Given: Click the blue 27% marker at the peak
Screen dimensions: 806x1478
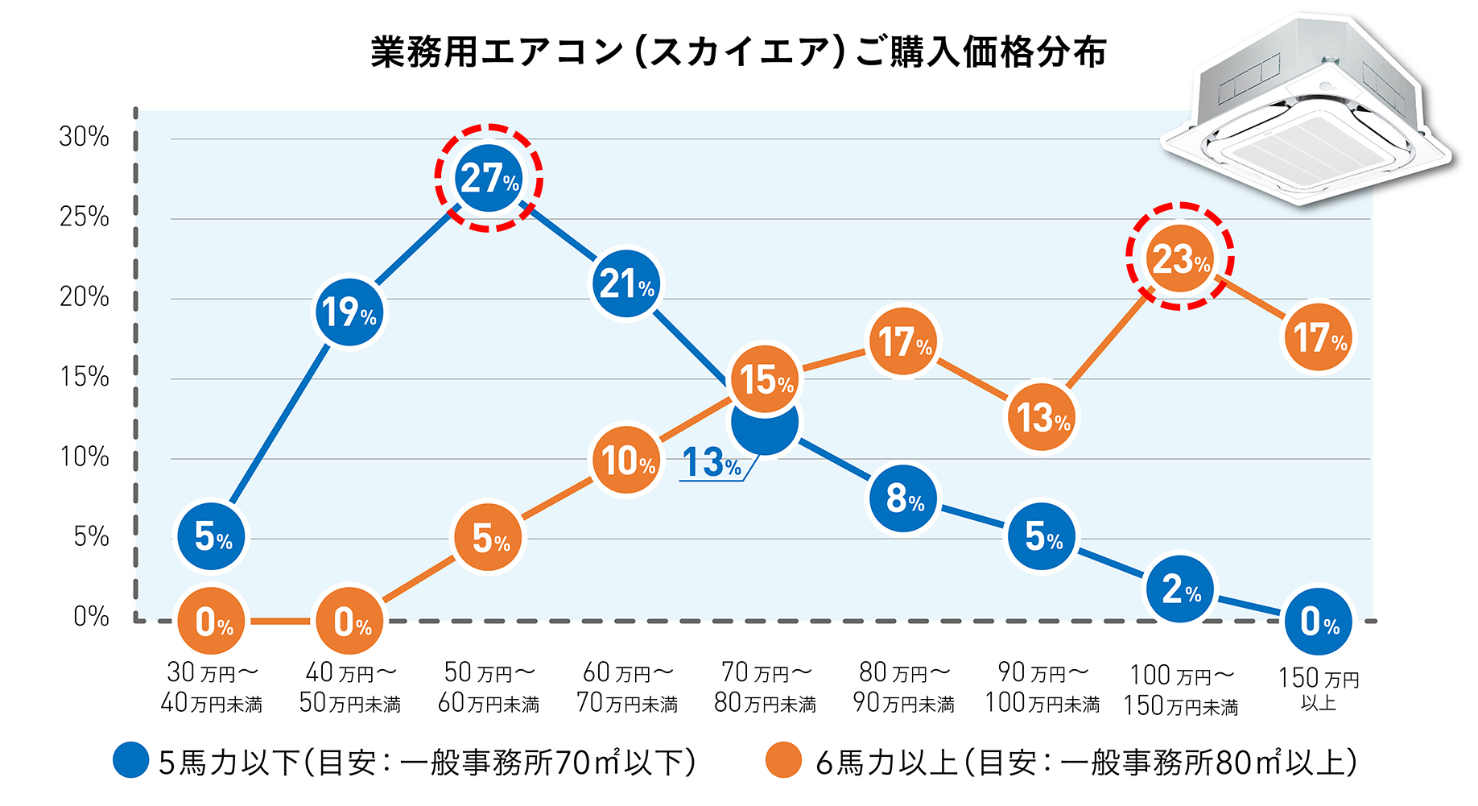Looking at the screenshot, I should [x=489, y=178].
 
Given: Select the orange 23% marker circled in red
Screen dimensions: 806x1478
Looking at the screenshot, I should [x=1180, y=258].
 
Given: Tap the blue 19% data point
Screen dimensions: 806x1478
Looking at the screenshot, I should [x=349, y=312].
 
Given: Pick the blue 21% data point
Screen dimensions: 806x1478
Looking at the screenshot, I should [x=626, y=283].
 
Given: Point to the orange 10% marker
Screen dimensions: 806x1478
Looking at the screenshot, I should [x=626, y=461].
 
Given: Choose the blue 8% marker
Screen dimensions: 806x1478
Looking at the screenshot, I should [x=904, y=499].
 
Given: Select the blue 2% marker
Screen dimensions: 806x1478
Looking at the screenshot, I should [x=1180, y=589].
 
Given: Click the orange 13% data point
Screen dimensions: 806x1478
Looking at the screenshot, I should [x=1042, y=417].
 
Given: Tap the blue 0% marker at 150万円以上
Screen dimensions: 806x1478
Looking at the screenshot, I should [x=1319, y=622].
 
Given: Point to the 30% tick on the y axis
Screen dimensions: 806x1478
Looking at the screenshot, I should [x=84, y=136].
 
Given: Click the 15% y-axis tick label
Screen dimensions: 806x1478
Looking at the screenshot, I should [x=84, y=377].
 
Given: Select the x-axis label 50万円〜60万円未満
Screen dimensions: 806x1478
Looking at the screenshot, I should [x=489, y=688].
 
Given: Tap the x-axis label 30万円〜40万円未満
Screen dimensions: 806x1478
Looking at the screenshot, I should [x=212, y=688].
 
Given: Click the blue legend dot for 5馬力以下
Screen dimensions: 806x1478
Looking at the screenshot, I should [x=131, y=760].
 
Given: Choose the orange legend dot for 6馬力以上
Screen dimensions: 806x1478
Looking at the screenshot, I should [x=783, y=760].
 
